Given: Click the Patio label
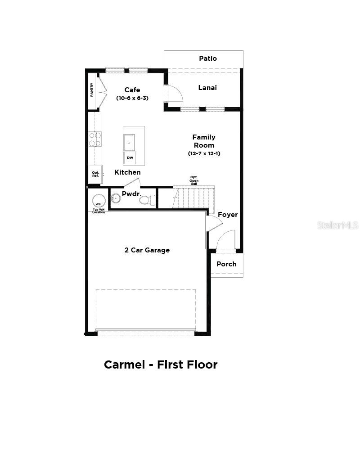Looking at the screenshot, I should [208, 58].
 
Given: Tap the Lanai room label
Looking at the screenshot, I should [207, 88].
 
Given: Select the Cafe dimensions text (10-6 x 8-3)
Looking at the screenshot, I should [132, 98].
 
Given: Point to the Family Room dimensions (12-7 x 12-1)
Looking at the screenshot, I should [204, 154].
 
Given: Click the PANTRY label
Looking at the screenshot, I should [92, 90].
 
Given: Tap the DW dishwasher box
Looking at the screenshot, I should [130, 158].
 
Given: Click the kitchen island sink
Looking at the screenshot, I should [129, 142].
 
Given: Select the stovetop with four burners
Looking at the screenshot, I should [95, 139].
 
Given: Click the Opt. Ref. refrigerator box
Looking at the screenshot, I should [95, 175].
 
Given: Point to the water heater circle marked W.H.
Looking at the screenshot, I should [99, 201].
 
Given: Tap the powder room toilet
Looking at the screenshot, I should [147, 200].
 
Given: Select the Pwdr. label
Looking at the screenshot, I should [132, 194].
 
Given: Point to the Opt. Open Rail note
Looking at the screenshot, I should [194, 180].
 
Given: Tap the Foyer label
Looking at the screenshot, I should [228, 215].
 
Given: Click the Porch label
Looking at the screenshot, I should [226, 264].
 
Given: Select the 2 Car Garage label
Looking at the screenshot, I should [147, 250].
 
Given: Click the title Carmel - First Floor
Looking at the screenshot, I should [161, 364].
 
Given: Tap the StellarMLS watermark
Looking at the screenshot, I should [337, 225].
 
